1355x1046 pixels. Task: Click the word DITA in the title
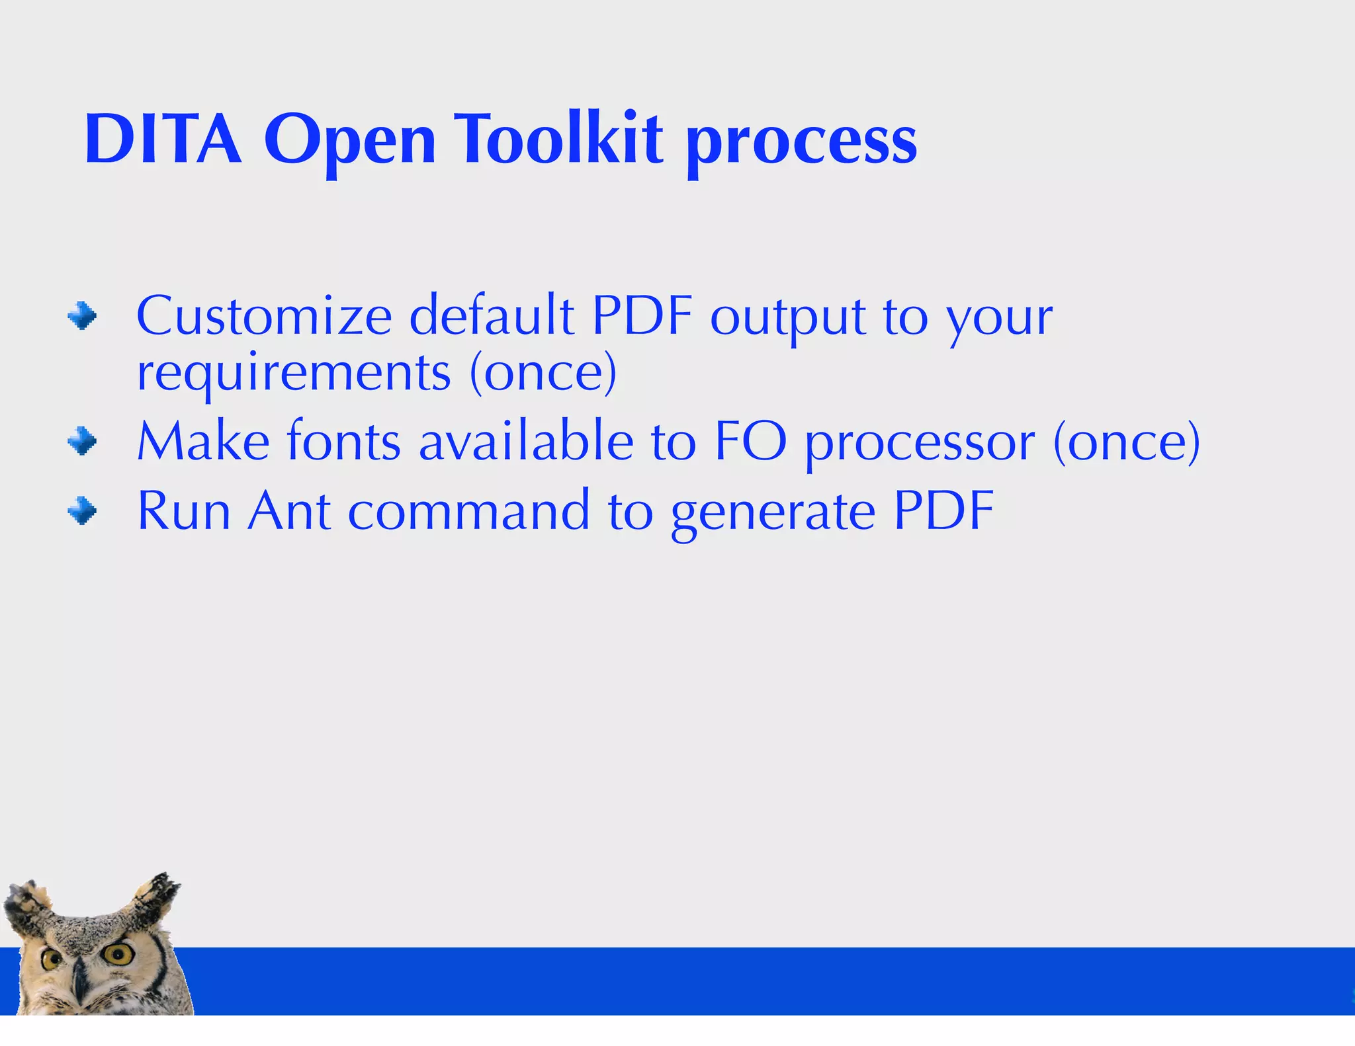point(163,140)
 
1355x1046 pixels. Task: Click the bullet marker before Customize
point(82,316)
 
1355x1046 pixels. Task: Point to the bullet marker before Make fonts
point(82,441)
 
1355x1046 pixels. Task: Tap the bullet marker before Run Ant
point(82,511)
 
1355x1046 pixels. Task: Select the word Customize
point(264,316)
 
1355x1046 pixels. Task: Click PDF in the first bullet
point(642,316)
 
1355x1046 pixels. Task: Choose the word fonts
point(343,441)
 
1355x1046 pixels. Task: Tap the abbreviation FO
point(750,441)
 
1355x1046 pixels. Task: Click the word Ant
point(289,511)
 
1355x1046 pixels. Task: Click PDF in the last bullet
point(943,511)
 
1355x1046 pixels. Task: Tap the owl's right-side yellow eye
point(120,953)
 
